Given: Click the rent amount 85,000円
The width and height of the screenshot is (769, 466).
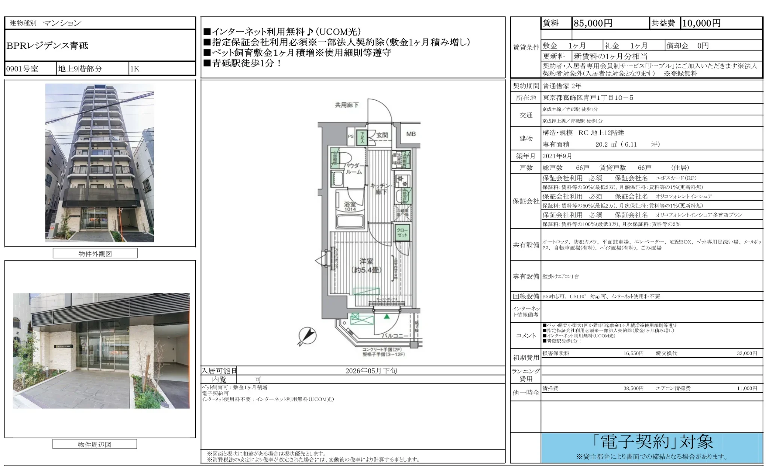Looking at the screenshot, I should click(x=593, y=23).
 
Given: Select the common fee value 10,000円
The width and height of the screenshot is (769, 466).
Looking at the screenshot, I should click(x=701, y=23).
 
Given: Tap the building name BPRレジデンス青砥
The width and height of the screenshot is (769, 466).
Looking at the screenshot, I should click(x=48, y=46).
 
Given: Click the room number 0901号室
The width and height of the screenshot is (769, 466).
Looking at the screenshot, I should click(x=22, y=69).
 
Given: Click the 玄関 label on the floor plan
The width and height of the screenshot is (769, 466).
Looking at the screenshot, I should click(x=382, y=135).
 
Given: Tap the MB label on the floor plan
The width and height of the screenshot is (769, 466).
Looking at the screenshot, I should click(x=411, y=134).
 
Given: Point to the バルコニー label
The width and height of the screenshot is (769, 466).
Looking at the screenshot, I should click(x=394, y=335).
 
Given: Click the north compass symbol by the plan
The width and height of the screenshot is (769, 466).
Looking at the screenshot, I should click(x=307, y=335).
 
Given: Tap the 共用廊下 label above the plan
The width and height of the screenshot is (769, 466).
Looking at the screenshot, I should click(x=347, y=105).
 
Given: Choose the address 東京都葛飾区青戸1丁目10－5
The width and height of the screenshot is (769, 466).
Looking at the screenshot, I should click(x=588, y=98).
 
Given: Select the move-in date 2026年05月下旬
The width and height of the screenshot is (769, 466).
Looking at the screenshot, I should click(x=371, y=371).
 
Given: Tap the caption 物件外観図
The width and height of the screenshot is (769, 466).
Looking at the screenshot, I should click(x=95, y=254).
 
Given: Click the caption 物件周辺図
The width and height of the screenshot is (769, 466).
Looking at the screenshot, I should click(x=95, y=444).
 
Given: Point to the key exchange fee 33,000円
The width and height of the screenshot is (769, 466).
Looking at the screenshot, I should click(x=747, y=353).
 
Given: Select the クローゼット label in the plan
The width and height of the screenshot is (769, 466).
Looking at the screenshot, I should click(x=402, y=232).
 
